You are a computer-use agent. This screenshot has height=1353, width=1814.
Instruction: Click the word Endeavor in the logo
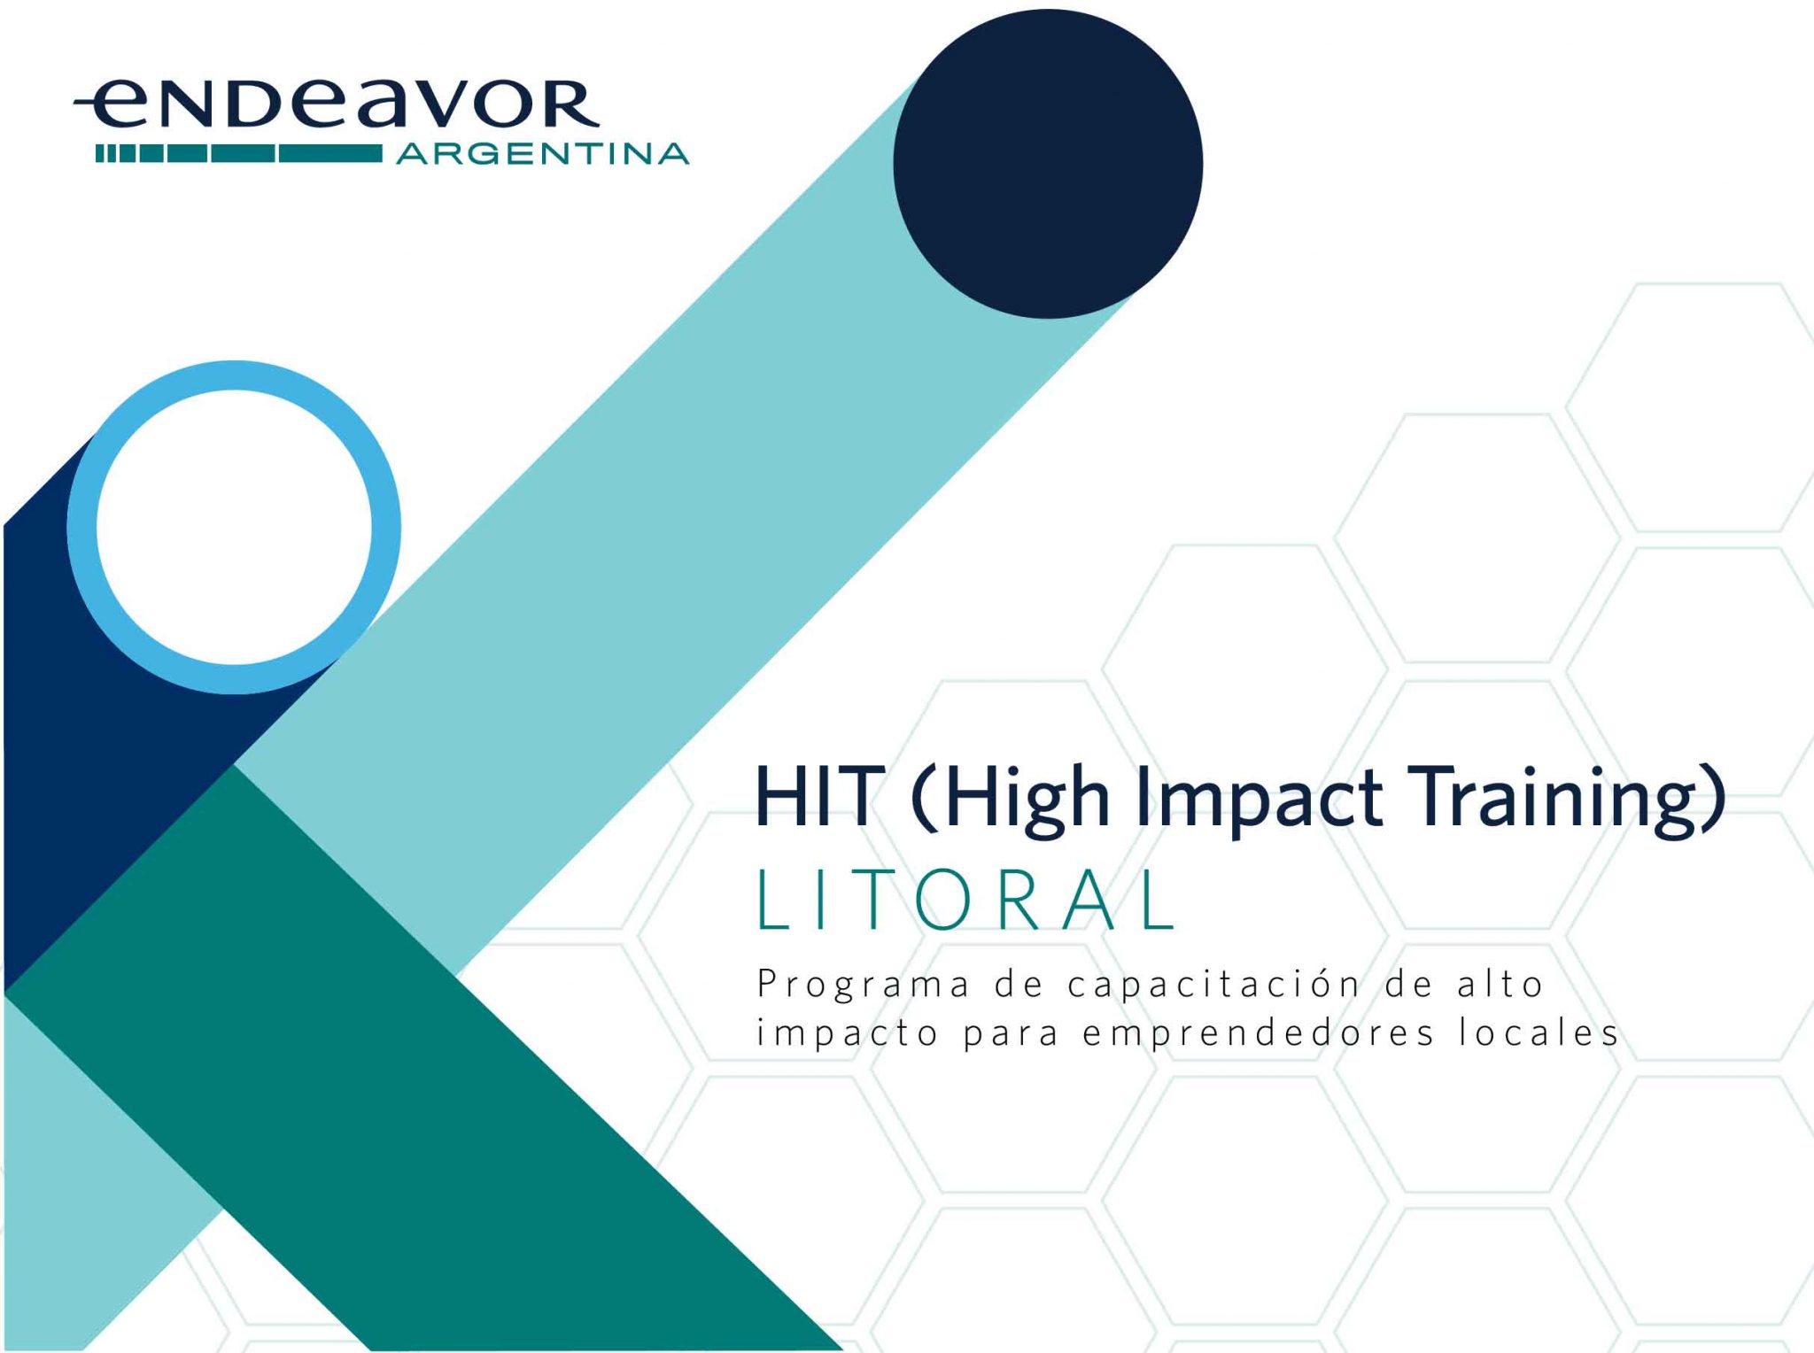(x=337, y=104)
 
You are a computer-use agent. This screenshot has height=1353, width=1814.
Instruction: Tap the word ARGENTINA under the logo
(x=543, y=154)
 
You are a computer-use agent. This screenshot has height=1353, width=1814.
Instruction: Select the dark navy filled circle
(x=1048, y=164)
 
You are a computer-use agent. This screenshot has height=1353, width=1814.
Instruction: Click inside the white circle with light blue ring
(x=234, y=527)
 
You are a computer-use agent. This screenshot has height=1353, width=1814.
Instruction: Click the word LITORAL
(x=966, y=900)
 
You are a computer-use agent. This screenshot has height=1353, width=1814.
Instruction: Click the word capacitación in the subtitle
(x=1213, y=985)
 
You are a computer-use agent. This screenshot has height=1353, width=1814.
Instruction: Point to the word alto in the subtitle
(x=1500, y=983)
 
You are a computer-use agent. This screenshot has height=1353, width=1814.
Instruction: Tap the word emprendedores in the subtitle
(x=1258, y=1033)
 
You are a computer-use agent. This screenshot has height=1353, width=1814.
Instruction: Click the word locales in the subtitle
(x=1539, y=1032)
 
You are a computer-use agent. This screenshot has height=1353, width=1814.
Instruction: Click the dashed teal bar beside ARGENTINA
(x=239, y=154)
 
